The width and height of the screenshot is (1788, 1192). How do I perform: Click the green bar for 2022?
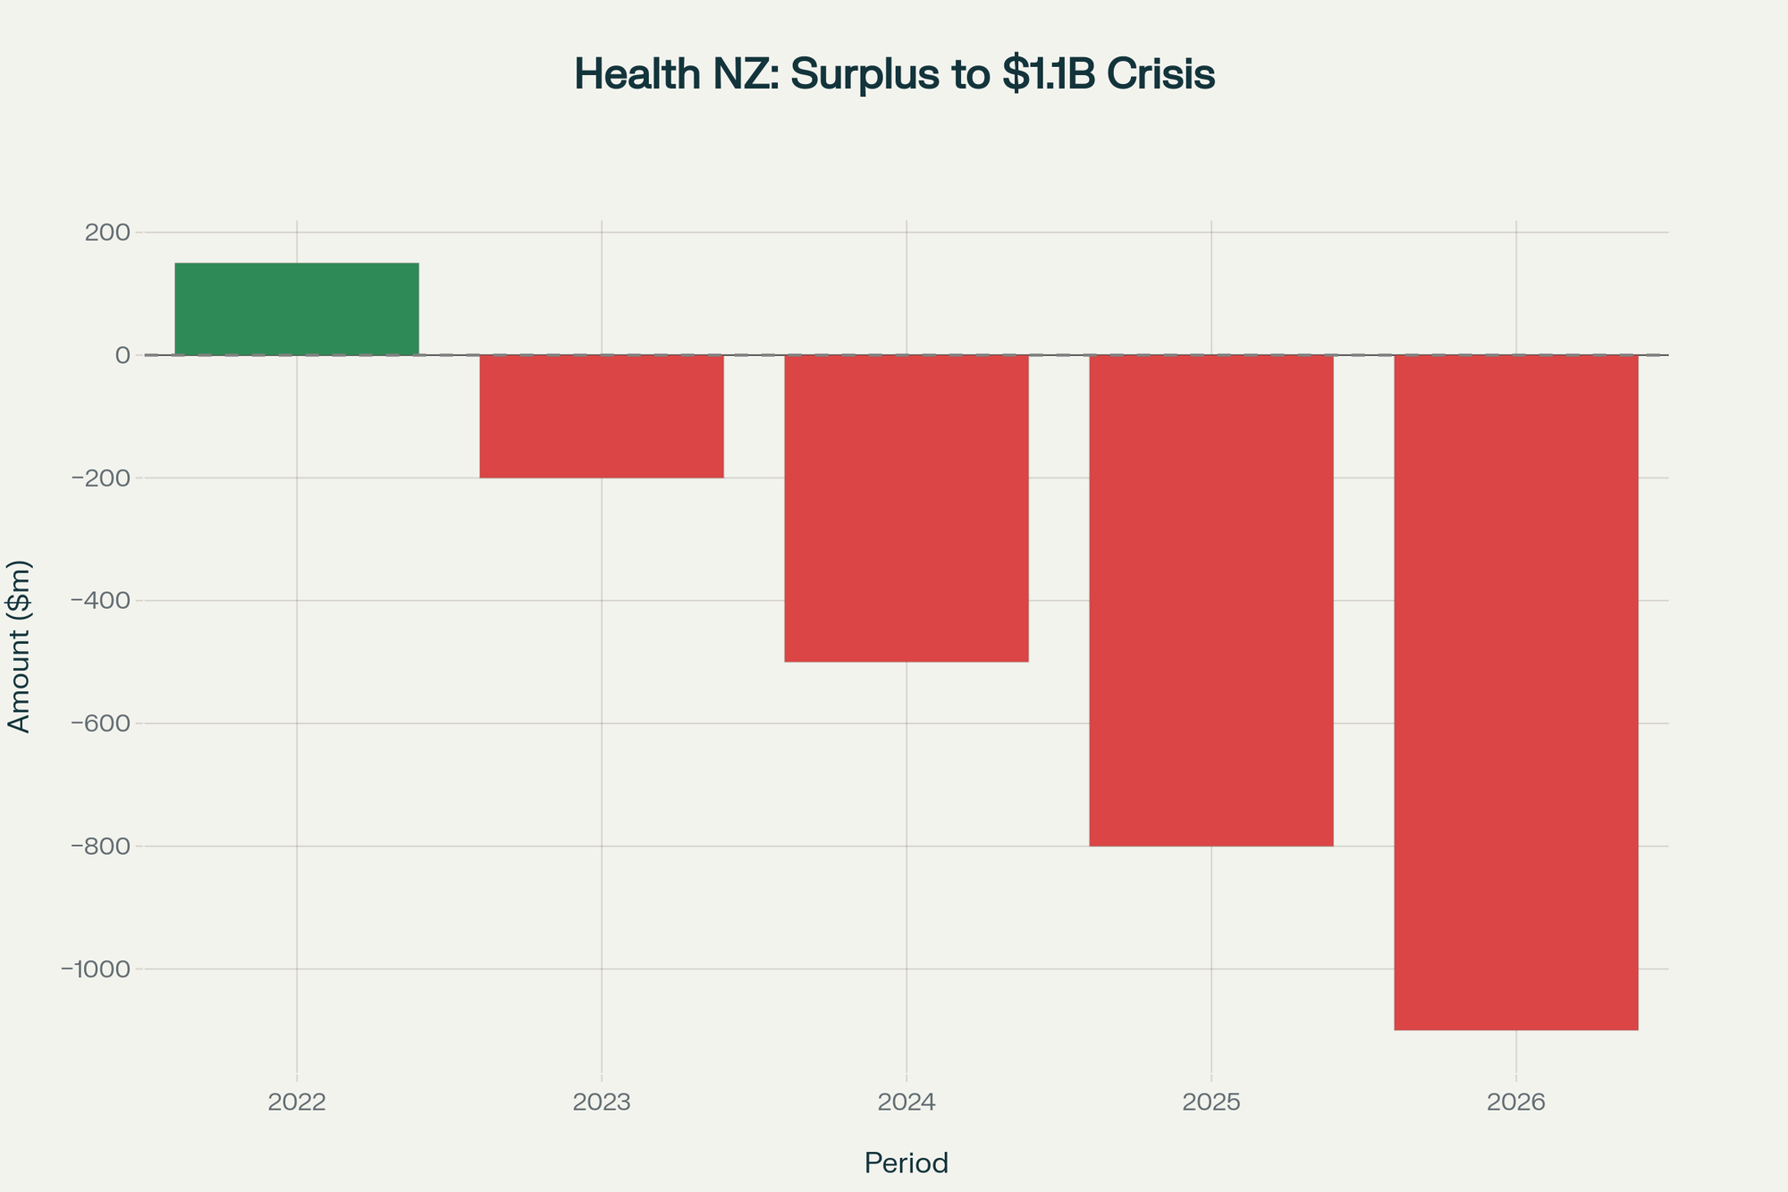pyautogui.click(x=297, y=309)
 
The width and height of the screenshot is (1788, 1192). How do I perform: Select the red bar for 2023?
pyautogui.click(x=602, y=417)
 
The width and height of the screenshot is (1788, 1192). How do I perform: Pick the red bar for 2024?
pyautogui.click(x=907, y=508)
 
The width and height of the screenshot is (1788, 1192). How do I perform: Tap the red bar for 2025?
pyautogui.click(x=1211, y=600)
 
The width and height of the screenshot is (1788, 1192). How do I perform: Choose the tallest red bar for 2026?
pyautogui.click(x=1516, y=692)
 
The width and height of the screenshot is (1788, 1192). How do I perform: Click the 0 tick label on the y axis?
pyautogui.click(x=122, y=355)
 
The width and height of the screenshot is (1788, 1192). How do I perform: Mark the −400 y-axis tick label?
pyautogui.click(x=100, y=601)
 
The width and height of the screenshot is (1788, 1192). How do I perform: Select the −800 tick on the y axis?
pyautogui.click(x=100, y=846)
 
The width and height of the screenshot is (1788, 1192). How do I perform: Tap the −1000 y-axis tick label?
pyautogui.click(x=95, y=969)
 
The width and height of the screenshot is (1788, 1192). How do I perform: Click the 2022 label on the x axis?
pyautogui.click(x=297, y=1103)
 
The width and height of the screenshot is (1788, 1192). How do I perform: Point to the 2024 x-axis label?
pyautogui.click(x=907, y=1103)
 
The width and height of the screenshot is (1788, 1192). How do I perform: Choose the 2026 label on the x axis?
pyautogui.click(x=1516, y=1103)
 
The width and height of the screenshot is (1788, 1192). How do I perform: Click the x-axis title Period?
pyautogui.click(x=907, y=1163)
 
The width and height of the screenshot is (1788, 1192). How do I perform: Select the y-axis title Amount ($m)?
pyautogui.click(x=20, y=647)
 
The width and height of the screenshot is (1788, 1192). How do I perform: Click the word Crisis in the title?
pyautogui.click(x=1161, y=75)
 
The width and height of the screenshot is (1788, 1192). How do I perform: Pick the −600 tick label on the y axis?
pyautogui.click(x=100, y=723)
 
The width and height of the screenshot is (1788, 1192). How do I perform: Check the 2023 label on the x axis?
pyautogui.click(x=602, y=1103)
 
